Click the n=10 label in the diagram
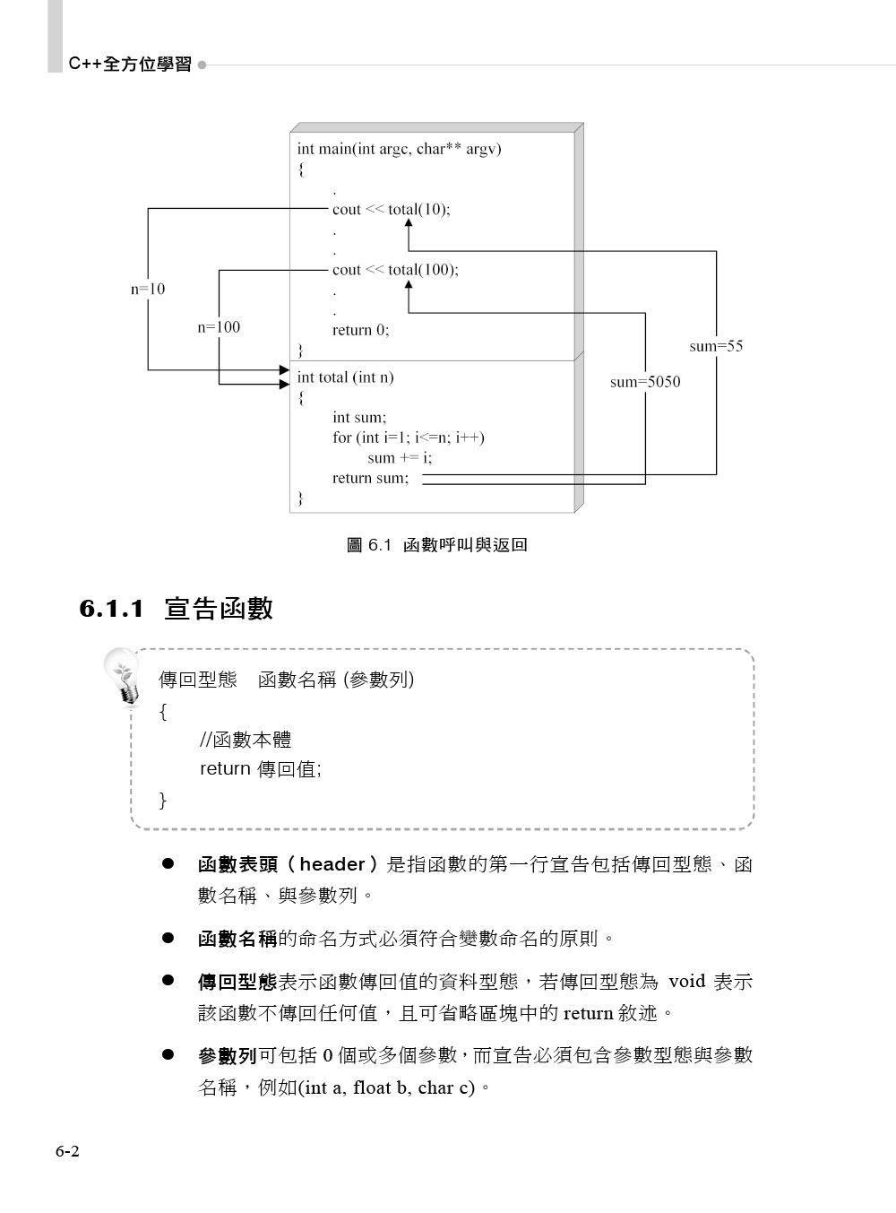pos(148,290)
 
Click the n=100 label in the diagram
pos(219,327)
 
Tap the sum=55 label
pos(716,346)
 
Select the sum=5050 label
pos(645,382)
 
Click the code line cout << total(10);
pos(391,210)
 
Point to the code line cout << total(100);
pos(395,270)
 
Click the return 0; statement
pos(360,330)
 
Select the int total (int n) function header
pos(345,377)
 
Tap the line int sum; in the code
pos(358,417)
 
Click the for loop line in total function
pos(408,438)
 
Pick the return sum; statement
pos(370,478)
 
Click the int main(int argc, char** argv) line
pos(399,149)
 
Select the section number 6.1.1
pos(112,610)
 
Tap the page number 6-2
pos(67,1152)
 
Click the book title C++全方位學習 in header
pos(130,65)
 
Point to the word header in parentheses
pos(332,865)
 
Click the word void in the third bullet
pos(687,981)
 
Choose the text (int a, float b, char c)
pos(389,1088)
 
